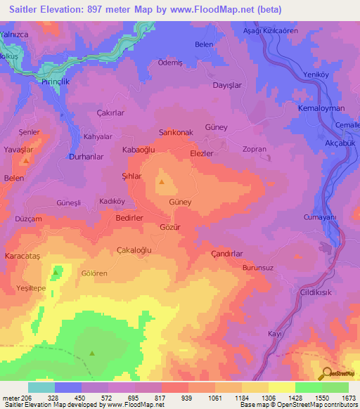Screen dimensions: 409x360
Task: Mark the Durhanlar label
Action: pos(86,157)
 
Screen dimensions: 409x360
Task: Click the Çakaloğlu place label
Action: pos(134,249)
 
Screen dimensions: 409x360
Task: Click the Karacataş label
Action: pos(24,256)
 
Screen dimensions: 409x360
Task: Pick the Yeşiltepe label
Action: pos(31,288)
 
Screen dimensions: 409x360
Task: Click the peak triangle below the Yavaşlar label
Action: pos(26,162)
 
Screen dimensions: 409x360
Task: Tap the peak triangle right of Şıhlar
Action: pos(162,183)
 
